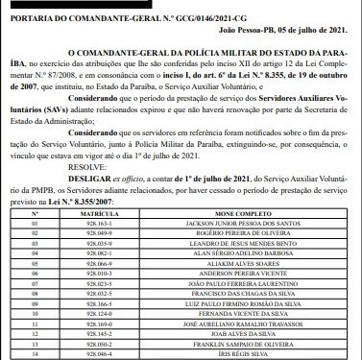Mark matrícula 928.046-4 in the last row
tap(99, 354)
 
